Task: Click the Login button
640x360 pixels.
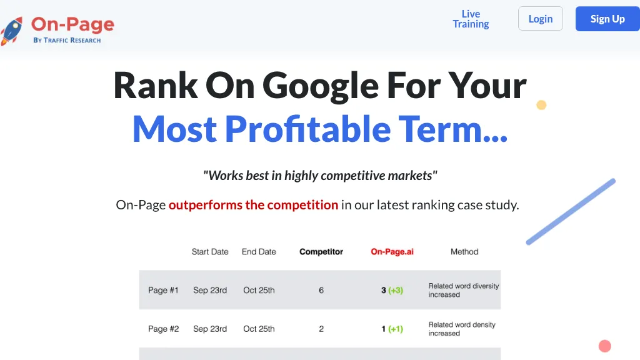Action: [x=541, y=19]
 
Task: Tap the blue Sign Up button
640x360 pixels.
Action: [x=607, y=19]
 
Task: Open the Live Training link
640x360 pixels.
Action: [x=471, y=19]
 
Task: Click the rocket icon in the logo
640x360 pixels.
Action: [x=11, y=31]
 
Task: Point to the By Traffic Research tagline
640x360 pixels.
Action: [x=67, y=40]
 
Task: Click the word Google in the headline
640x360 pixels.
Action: [x=321, y=86]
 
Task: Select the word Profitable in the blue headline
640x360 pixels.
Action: [x=308, y=129]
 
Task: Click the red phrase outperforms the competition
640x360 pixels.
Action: [x=254, y=204]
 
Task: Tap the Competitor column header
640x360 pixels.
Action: [x=321, y=252]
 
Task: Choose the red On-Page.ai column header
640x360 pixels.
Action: [x=392, y=252]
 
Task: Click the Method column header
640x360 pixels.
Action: [x=464, y=252]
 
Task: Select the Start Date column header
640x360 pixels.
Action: [x=210, y=252]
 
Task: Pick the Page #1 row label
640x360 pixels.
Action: [x=163, y=290]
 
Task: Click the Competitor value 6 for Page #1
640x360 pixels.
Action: [x=321, y=290]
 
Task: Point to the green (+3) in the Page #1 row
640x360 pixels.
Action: [x=396, y=290]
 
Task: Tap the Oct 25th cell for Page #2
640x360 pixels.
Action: [x=259, y=329]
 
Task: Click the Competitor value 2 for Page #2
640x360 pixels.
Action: [x=321, y=329]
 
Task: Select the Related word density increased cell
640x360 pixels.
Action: [x=462, y=329]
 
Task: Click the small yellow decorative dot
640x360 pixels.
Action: [x=541, y=105]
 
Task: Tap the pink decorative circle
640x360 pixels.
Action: [x=605, y=346]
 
